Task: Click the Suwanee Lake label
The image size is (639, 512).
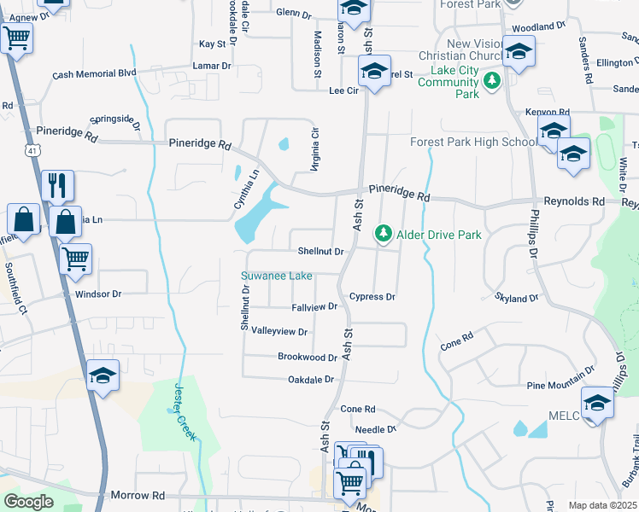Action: [x=276, y=276]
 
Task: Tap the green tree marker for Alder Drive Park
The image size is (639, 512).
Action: [x=384, y=233]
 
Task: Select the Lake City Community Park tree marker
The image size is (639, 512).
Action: [x=491, y=81]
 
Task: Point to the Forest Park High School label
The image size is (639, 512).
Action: [x=473, y=142]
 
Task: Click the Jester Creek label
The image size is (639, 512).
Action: [x=184, y=411]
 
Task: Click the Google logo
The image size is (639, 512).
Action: [x=27, y=501]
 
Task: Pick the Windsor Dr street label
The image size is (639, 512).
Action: [x=99, y=294]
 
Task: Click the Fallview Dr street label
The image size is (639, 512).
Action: [x=314, y=306]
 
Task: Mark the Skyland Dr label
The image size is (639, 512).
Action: [x=516, y=298]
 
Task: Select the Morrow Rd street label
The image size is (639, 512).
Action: [x=138, y=495]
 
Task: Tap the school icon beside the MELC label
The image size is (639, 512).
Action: [x=597, y=404]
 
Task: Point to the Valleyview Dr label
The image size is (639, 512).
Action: [x=278, y=331]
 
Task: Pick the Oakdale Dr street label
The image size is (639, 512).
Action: [x=308, y=379]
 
